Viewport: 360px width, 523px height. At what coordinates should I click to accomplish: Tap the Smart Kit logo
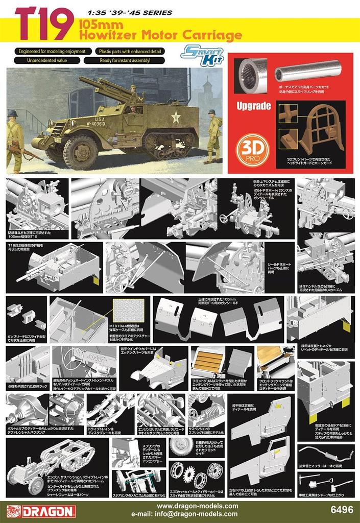coord(202,55)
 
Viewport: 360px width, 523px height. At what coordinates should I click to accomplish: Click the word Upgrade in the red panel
coord(253,107)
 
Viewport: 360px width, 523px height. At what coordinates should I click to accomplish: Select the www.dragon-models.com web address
coord(197,506)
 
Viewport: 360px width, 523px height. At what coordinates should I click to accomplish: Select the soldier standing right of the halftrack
coord(212,135)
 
